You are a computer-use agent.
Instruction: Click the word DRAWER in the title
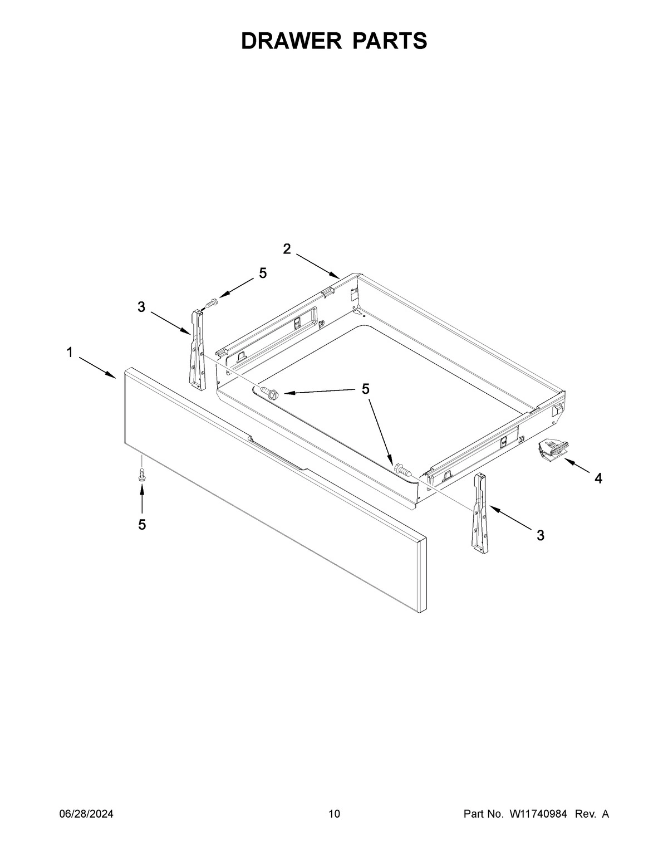291,41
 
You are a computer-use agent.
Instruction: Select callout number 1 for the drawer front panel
70,352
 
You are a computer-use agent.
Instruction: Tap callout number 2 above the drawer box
287,249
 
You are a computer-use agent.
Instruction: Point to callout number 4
598,478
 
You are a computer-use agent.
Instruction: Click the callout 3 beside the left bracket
141,307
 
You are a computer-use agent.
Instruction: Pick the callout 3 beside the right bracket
541,535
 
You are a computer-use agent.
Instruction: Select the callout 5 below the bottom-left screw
142,525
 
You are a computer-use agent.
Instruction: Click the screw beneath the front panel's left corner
141,475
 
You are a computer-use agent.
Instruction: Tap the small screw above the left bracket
212,304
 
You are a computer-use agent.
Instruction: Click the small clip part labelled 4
553,450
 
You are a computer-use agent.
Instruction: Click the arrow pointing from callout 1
97,368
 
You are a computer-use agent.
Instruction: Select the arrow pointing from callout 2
318,266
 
